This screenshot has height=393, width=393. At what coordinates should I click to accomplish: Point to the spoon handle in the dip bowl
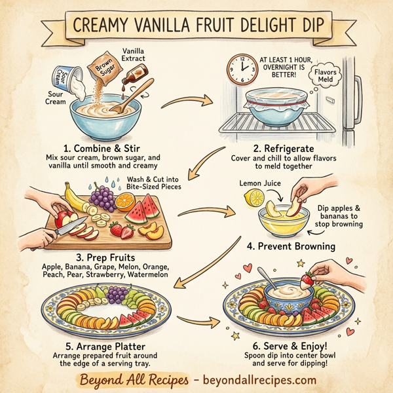(x=263, y=276)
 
